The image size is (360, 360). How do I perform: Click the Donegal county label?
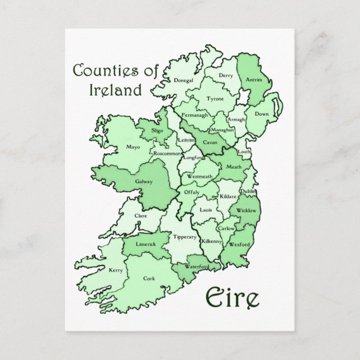pos(183,80)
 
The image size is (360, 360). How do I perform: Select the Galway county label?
pos(143,182)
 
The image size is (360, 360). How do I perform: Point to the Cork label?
pos(148,278)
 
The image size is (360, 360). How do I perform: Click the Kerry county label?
pos(116,270)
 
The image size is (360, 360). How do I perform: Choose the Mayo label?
pos(132,148)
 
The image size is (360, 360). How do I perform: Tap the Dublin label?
pos(248,192)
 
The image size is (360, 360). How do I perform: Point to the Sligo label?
pos(157,130)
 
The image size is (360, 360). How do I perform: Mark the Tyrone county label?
pos(215,98)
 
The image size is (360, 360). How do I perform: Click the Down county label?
pos(262,113)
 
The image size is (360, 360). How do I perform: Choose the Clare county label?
pos(140,215)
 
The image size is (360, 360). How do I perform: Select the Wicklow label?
pos(247,211)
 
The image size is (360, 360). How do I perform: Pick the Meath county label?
pos(234,167)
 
